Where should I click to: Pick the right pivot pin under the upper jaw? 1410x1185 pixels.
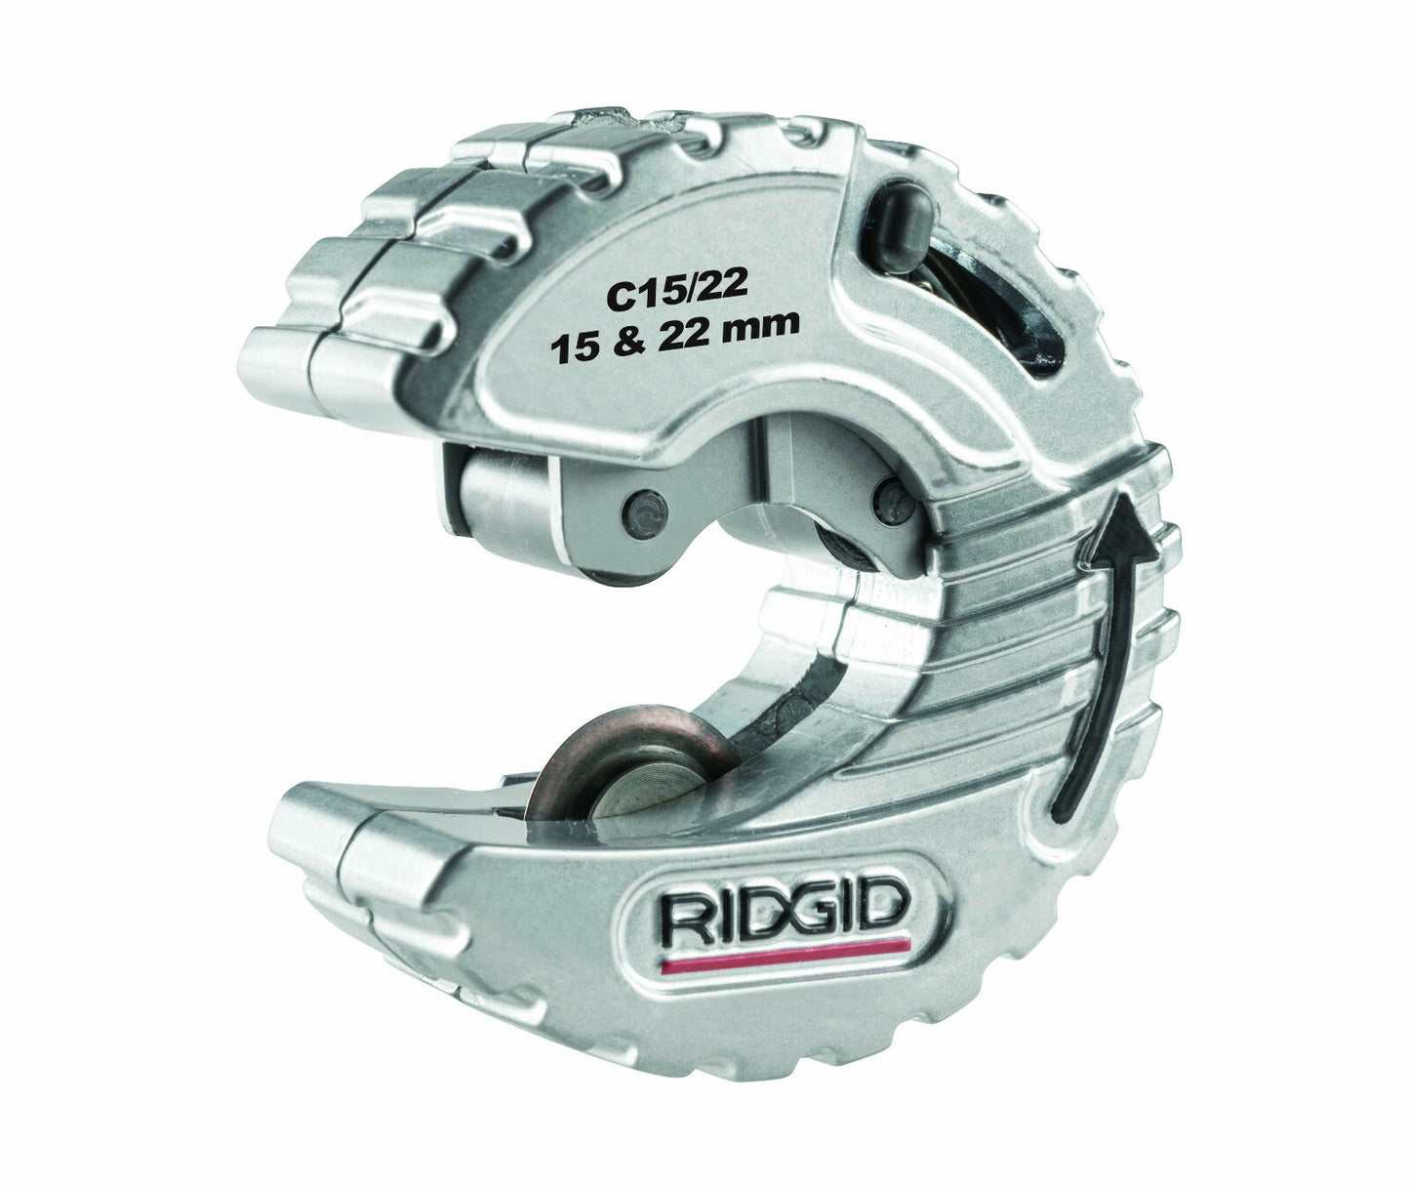pos(893,498)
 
